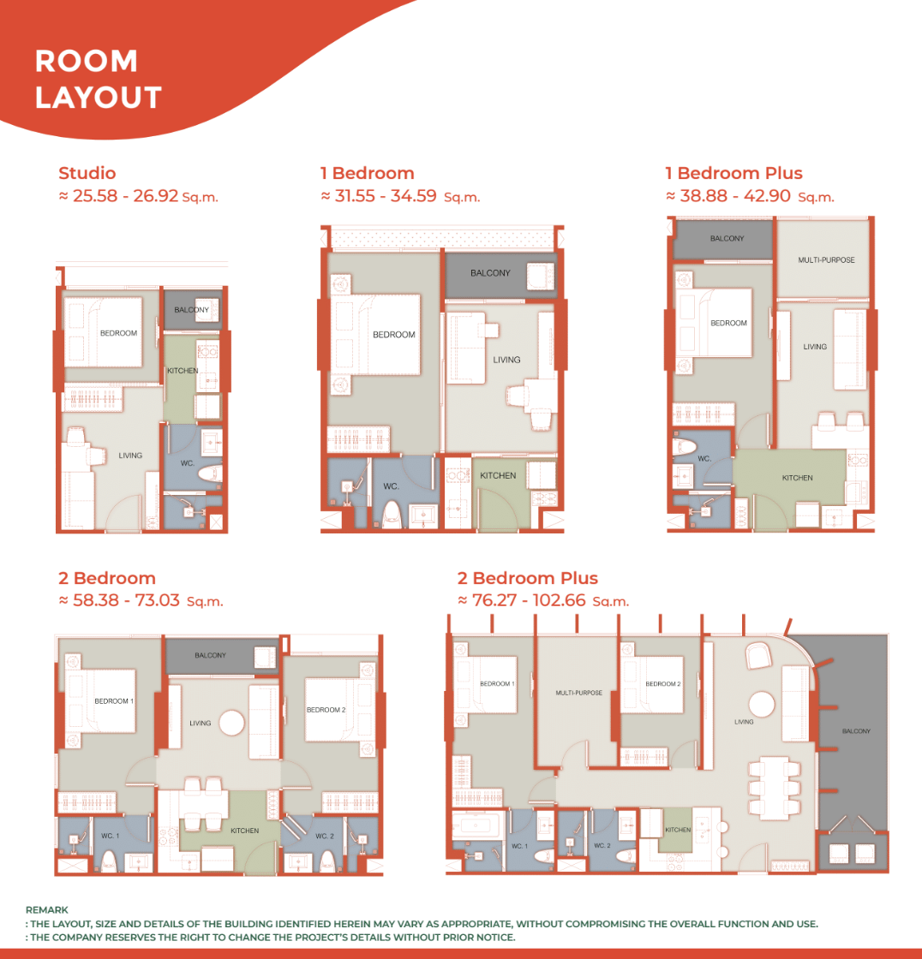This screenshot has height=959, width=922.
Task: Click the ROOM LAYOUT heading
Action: (98, 79)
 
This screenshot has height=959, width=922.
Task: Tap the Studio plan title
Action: (87, 173)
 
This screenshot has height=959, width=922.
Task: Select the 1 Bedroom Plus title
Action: (734, 173)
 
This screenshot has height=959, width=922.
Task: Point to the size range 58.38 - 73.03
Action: (126, 600)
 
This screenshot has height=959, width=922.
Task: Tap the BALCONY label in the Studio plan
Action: (192, 309)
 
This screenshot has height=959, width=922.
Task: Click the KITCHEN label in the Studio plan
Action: (183, 371)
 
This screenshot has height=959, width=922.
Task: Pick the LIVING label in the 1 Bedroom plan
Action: (507, 360)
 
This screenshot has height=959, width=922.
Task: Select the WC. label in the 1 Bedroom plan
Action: (392, 486)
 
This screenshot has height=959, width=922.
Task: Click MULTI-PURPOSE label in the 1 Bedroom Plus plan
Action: (827, 260)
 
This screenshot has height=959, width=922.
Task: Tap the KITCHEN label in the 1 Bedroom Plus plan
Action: (797, 478)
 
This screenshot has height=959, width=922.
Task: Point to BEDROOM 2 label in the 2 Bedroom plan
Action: (326, 710)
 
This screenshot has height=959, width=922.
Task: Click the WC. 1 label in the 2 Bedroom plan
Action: (111, 836)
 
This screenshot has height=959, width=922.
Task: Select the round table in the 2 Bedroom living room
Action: (232, 723)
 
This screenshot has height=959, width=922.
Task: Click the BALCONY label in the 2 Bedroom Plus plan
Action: (856, 731)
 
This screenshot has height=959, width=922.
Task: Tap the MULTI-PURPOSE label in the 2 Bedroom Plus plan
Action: (579, 693)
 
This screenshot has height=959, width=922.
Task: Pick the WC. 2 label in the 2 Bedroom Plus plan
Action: (602, 845)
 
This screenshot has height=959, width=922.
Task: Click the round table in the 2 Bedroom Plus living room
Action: (762, 704)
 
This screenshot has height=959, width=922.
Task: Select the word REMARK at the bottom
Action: (47, 910)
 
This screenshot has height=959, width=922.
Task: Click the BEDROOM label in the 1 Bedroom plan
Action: (393, 335)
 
